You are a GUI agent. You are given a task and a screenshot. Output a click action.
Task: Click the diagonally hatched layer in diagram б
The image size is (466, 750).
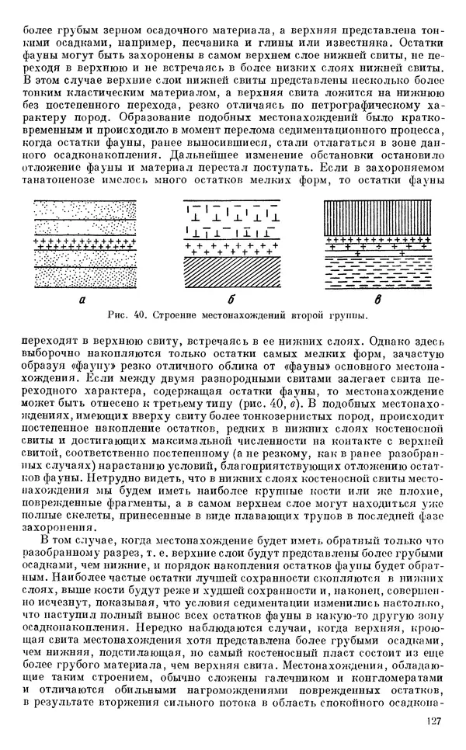coord(232,272)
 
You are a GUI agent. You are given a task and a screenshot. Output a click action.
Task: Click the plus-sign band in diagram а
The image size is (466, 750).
coord(82,242)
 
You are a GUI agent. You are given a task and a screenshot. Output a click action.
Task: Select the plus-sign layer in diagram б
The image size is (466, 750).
coord(232,248)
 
